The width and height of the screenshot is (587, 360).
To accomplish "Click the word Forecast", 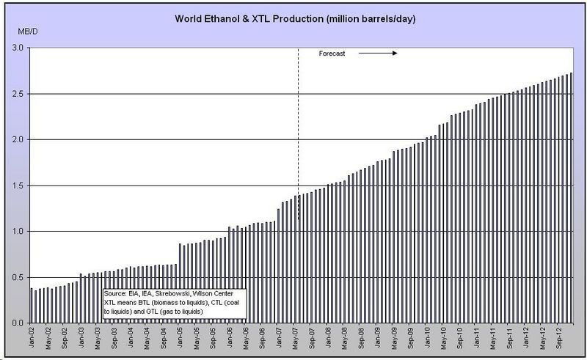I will coord(332,54).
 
